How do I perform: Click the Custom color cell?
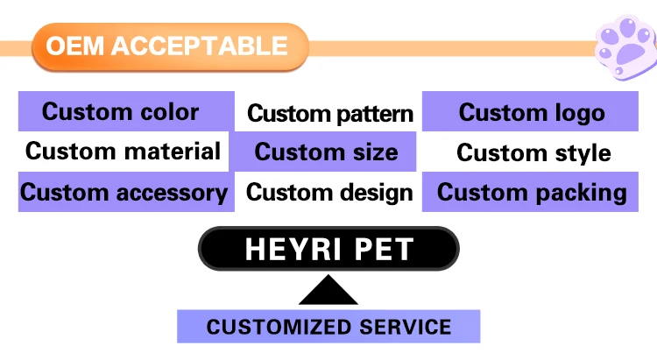pyautogui.click(x=122, y=112)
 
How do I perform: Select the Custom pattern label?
pyautogui.click(x=329, y=113)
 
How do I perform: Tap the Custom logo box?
pyautogui.click(x=531, y=112)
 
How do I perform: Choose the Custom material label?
pyautogui.click(x=123, y=152)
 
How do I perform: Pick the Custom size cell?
pyautogui.click(x=326, y=152)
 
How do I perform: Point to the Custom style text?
pyautogui.click(x=533, y=152)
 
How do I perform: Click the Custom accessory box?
pyautogui.click(x=124, y=192)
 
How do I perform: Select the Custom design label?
pyautogui.click(x=329, y=192)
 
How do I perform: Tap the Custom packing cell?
pyautogui.click(x=531, y=192)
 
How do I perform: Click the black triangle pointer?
pyautogui.click(x=328, y=291)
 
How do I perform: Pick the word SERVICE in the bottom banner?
pyautogui.click(x=405, y=328)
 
